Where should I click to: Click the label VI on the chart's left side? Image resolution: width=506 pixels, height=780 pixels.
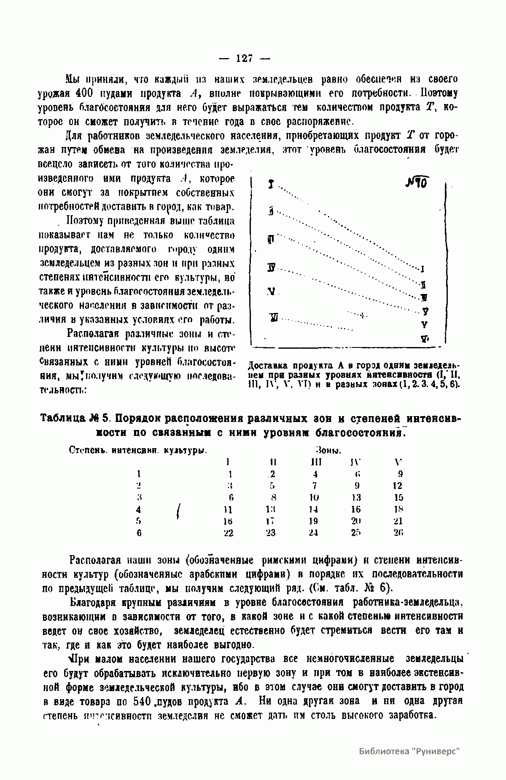coord(274,318)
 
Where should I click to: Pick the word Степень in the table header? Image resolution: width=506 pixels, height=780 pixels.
coord(83,450)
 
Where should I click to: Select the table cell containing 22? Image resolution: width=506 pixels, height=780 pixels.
coord(228,533)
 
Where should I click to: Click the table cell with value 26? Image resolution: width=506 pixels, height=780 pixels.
coord(398,533)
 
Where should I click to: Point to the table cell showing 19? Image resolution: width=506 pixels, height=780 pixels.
coord(313,521)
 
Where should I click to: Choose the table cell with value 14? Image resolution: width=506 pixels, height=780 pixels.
coord(313,509)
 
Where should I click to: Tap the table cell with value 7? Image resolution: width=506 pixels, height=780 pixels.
coord(315,486)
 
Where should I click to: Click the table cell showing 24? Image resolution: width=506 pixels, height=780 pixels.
coord(313,533)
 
